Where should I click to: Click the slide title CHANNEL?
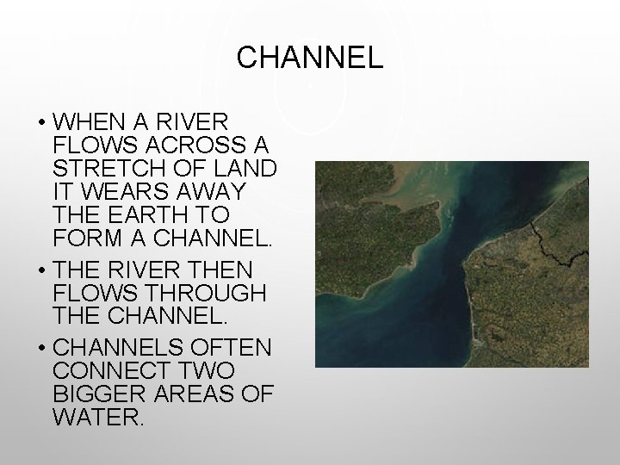pyautogui.click(x=309, y=59)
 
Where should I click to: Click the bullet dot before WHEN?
pyautogui.click(x=40, y=120)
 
